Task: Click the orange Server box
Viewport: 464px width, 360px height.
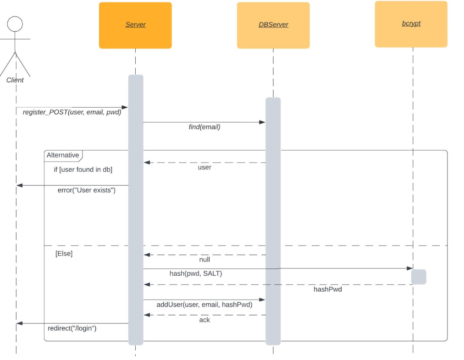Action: tap(135, 25)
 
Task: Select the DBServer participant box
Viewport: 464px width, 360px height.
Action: tap(273, 25)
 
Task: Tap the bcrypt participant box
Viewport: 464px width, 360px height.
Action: tap(411, 24)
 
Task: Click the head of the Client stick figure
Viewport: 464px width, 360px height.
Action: tap(15, 24)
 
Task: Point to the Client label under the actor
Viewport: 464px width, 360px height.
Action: tap(15, 80)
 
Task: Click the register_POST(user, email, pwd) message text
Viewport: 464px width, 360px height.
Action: tap(72, 112)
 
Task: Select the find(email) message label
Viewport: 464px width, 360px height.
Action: tap(204, 127)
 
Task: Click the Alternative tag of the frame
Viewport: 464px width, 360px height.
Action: tap(63, 155)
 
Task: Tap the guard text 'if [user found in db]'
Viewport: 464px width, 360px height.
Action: tap(83, 169)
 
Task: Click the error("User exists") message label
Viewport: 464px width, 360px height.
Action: tap(86, 190)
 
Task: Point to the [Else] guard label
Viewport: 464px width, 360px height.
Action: tap(64, 253)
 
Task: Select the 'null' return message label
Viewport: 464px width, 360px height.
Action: tap(204, 260)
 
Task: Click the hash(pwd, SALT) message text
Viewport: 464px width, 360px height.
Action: tap(196, 273)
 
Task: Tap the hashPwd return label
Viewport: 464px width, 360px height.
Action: tap(328, 289)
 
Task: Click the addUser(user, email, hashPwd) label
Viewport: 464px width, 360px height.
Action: tap(204, 305)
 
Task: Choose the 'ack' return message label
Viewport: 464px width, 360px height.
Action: tap(204, 320)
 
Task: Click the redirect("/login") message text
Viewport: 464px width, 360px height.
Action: tap(72, 328)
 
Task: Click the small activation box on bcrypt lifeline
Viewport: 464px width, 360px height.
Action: tap(419, 277)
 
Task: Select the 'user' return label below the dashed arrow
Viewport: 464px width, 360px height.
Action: tap(204, 167)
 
